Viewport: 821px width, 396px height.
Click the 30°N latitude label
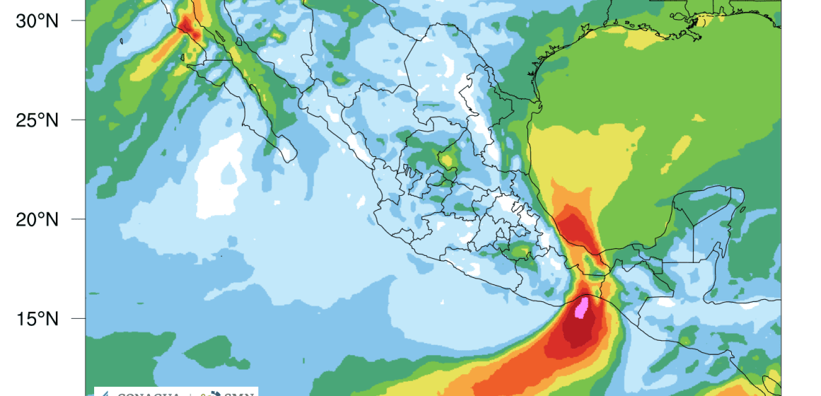point(37,21)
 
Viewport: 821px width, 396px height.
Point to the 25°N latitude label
point(37,120)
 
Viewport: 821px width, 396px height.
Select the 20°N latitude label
point(37,219)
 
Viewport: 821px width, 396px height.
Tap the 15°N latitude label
point(37,319)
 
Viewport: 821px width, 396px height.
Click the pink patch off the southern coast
point(582,308)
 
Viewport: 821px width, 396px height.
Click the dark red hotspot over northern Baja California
point(188,27)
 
